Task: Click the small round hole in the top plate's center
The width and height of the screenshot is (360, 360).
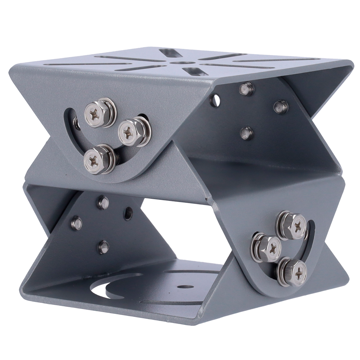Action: coord(177,63)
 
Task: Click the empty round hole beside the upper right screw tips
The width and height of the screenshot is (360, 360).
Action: coord(215,100)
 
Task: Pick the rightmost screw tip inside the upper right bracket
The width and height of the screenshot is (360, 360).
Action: coord(281,106)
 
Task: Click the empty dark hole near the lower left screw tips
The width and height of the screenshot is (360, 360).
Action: coord(128,213)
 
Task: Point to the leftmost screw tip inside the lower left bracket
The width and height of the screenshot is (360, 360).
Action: coord(76,223)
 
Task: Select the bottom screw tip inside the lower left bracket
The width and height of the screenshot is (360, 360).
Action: coord(104,247)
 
